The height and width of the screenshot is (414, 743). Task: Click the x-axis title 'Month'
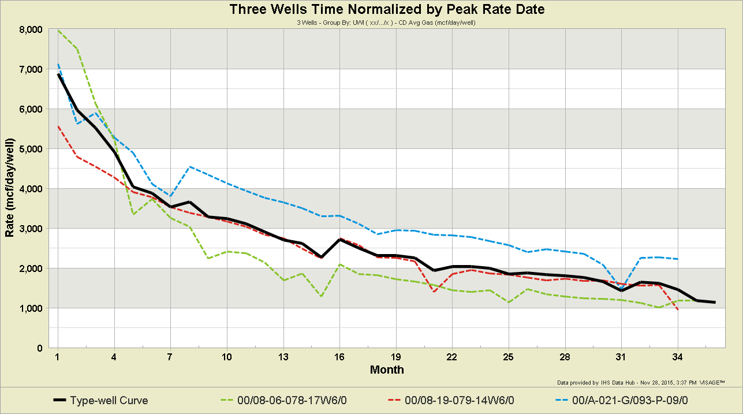pyautogui.click(x=387, y=370)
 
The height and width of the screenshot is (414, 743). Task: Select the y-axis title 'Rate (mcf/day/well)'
pyautogui.click(x=10, y=189)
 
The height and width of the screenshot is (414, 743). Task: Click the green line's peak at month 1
pyautogui.click(x=58, y=31)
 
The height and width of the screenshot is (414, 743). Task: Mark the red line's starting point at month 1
pyautogui.click(x=58, y=126)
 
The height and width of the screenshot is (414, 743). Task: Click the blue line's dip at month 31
pyautogui.click(x=622, y=287)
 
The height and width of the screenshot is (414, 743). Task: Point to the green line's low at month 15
pyautogui.click(x=321, y=297)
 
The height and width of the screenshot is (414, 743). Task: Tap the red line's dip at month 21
pyautogui.click(x=434, y=292)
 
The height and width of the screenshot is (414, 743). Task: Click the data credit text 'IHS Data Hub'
pyautogui.click(x=611, y=382)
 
